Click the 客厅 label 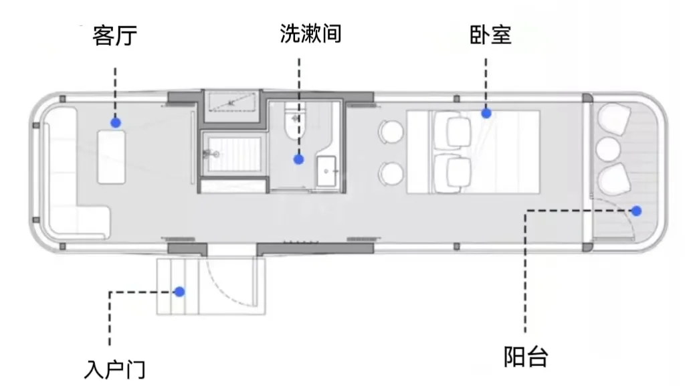[x=115, y=35]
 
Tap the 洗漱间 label [x=310, y=34]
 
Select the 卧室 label [x=490, y=35]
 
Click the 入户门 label [x=115, y=369]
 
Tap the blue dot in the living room [x=116, y=122]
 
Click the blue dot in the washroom [x=299, y=159]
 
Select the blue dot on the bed [x=486, y=114]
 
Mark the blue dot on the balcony [x=637, y=211]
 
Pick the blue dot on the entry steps [x=179, y=291]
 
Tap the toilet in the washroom [x=294, y=123]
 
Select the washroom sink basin [x=328, y=171]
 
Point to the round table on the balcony [x=609, y=149]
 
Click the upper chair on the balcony [x=613, y=119]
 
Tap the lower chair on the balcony [x=613, y=179]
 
